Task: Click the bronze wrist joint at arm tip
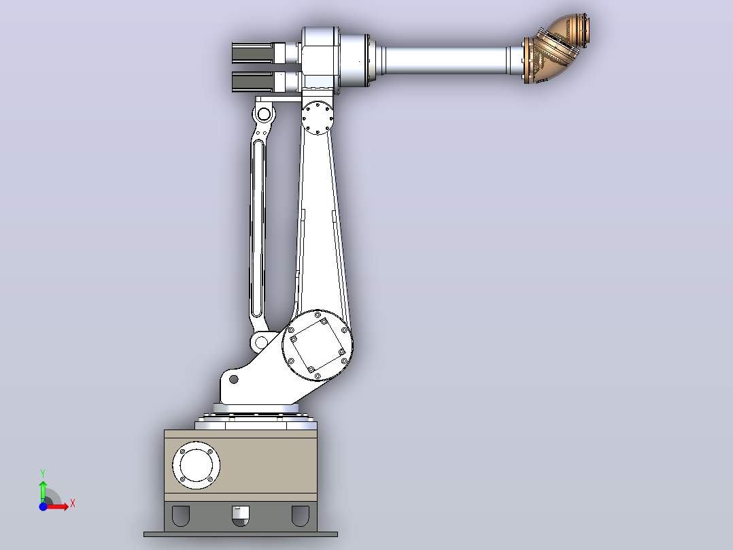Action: point(556,49)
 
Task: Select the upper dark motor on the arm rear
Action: point(252,53)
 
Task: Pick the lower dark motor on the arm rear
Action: point(252,82)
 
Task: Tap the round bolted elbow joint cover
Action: point(318,118)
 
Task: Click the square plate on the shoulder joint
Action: point(318,345)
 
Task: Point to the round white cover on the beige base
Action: point(197,466)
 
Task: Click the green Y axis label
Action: point(43,473)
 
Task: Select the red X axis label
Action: point(73,504)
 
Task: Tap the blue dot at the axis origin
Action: point(43,506)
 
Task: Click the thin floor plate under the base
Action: point(240,534)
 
